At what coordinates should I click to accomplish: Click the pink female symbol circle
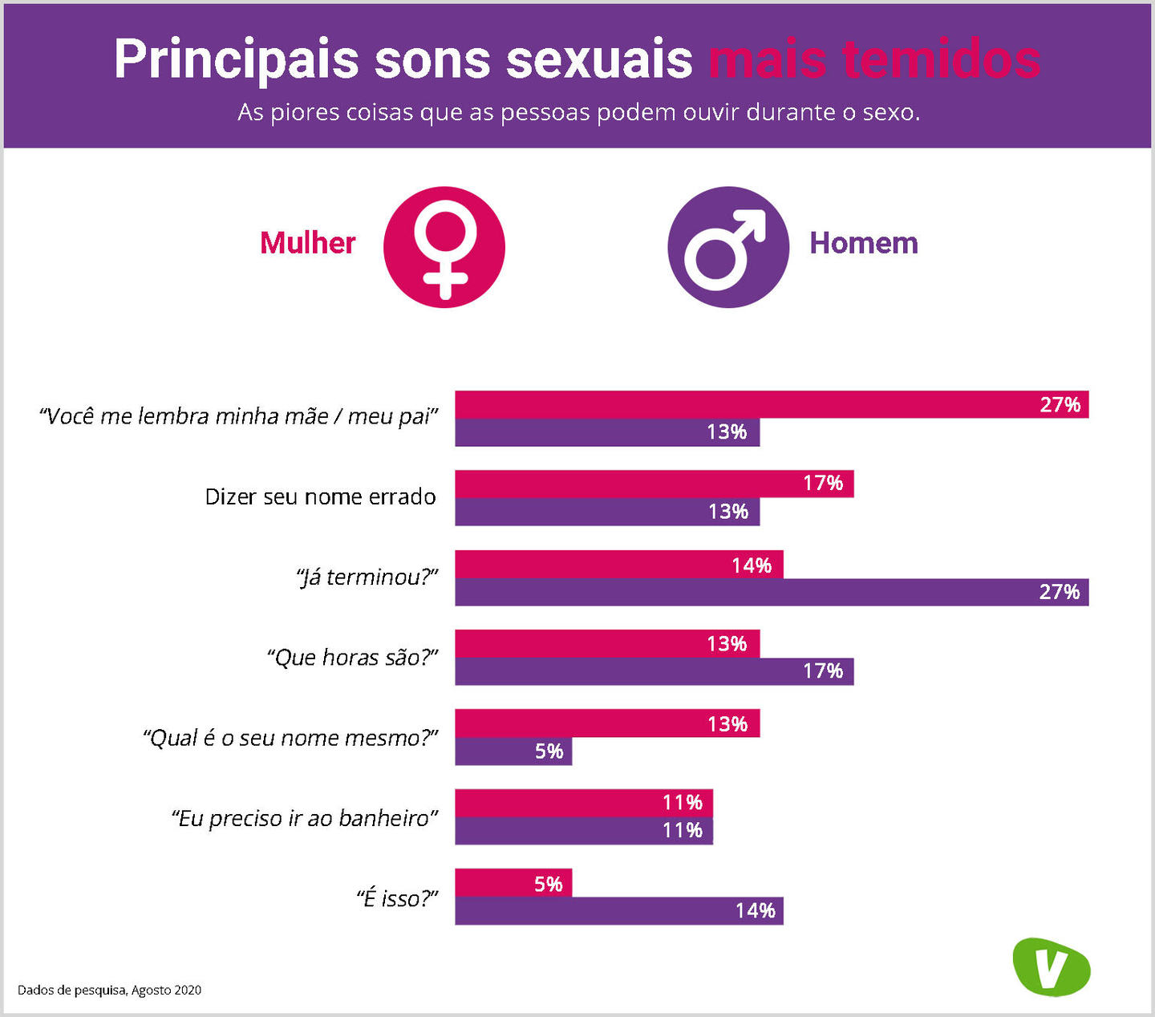click(x=444, y=247)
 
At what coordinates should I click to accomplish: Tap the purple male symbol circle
click(x=728, y=247)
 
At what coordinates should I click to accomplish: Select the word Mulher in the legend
click(x=307, y=243)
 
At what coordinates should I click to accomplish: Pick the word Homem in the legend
click(x=864, y=243)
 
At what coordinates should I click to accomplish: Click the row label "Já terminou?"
click(x=367, y=577)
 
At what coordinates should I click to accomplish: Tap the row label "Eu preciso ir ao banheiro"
click(x=305, y=818)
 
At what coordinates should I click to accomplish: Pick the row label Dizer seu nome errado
click(x=320, y=497)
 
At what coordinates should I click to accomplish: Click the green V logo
click(x=1051, y=966)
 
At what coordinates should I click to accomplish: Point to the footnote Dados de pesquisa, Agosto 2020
click(x=109, y=990)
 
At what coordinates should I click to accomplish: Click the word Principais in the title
click(x=236, y=59)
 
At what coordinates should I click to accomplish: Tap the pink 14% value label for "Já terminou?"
click(x=752, y=565)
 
